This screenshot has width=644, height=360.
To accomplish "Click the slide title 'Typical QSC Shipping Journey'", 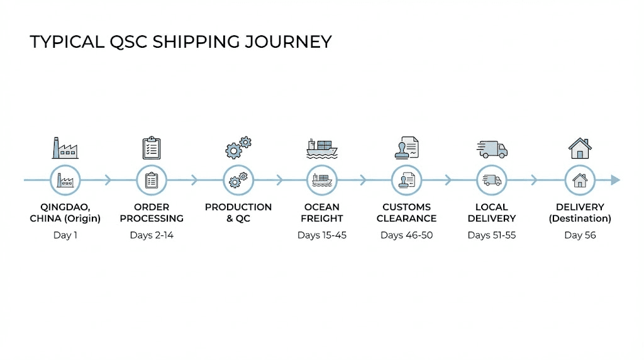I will [x=180, y=42].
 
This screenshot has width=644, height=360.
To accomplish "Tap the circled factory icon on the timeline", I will [x=65, y=181].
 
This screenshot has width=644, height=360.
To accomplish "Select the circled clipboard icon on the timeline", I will [x=152, y=181].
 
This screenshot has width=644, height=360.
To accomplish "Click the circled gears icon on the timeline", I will [x=238, y=181].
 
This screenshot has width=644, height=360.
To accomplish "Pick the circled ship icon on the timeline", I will [x=322, y=181].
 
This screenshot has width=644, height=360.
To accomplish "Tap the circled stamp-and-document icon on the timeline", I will [x=406, y=181].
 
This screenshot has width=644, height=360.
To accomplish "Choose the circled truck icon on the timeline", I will [x=492, y=181].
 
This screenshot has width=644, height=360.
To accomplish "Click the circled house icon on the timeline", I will [x=579, y=181].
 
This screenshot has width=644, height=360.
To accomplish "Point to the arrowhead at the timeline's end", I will [x=616, y=181].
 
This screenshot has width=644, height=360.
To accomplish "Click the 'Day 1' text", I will [x=65, y=235].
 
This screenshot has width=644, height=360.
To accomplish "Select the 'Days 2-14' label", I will [x=152, y=235].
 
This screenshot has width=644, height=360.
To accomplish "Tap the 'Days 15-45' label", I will [x=322, y=235].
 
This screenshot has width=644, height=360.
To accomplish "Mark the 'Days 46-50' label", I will [x=406, y=235].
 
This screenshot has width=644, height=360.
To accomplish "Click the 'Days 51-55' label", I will [x=492, y=235].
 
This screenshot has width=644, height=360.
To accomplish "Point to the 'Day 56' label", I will [x=580, y=235].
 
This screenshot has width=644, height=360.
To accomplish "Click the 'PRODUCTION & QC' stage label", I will [x=238, y=213].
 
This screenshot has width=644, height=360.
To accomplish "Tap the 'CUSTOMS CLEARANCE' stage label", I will [x=406, y=213].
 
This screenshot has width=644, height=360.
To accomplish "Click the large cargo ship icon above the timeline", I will [x=322, y=149].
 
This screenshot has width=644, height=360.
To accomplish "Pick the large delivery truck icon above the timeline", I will [x=492, y=149].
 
